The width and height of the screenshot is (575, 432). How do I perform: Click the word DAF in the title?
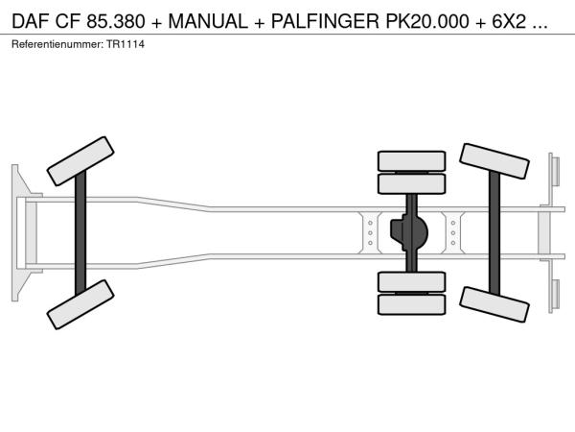click(x=31, y=21)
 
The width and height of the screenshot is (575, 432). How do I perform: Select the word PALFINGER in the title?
click(x=325, y=21)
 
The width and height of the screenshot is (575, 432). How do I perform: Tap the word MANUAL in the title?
click(x=208, y=21)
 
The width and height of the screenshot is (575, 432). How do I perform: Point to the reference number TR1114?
click(x=126, y=44)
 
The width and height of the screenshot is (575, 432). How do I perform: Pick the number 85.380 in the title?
click(x=116, y=21)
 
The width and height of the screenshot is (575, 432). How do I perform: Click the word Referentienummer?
click(x=57, y=44)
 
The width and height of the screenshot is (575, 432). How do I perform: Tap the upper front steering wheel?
click(x=80, y=161)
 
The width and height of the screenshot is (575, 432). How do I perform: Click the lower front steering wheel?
click(x=80, y=304)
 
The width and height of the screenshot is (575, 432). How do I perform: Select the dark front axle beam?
click(x=80, y=233)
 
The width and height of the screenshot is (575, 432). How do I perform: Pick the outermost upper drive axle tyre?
click(x=411, y=161)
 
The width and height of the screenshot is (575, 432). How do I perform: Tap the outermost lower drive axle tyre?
click(x=411, y=304)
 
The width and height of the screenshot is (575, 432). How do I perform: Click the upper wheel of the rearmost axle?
click(x=494, y=161)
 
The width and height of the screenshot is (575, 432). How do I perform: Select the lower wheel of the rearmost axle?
click(x=494, y=304)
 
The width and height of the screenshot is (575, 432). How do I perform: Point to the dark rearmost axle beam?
click(x=494, y=233)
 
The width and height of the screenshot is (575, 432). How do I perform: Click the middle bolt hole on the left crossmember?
click(x=370, y=233)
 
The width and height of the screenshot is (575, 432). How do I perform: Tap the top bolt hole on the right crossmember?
click(x=453, y=223)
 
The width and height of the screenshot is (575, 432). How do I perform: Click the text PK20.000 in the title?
click(x=427, y=21)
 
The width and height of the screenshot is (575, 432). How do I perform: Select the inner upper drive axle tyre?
click(x=411, y=183)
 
